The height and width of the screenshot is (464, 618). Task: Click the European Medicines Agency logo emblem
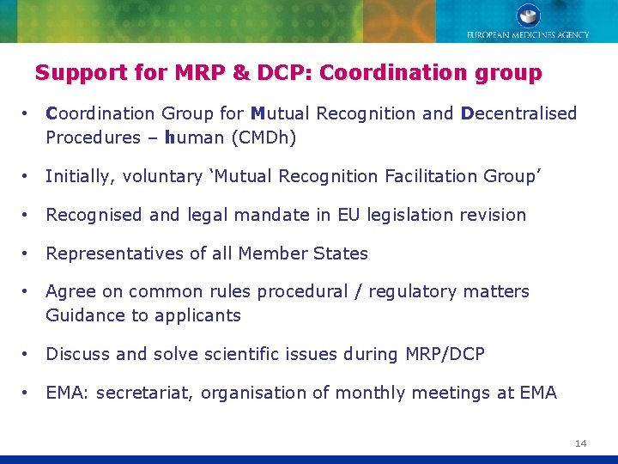click(x=528, y=15)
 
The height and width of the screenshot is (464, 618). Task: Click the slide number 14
click(x=581, y=443)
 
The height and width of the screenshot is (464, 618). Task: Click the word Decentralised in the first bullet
click(x=519, y=113)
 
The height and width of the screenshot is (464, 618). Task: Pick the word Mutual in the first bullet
click(x=280, y=113)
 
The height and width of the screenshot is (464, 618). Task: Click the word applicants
click(x=197, y=315)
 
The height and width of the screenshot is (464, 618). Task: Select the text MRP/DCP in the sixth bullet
click(x=446, y=354)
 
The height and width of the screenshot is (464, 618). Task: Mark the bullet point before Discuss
click(x=28, y=354)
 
